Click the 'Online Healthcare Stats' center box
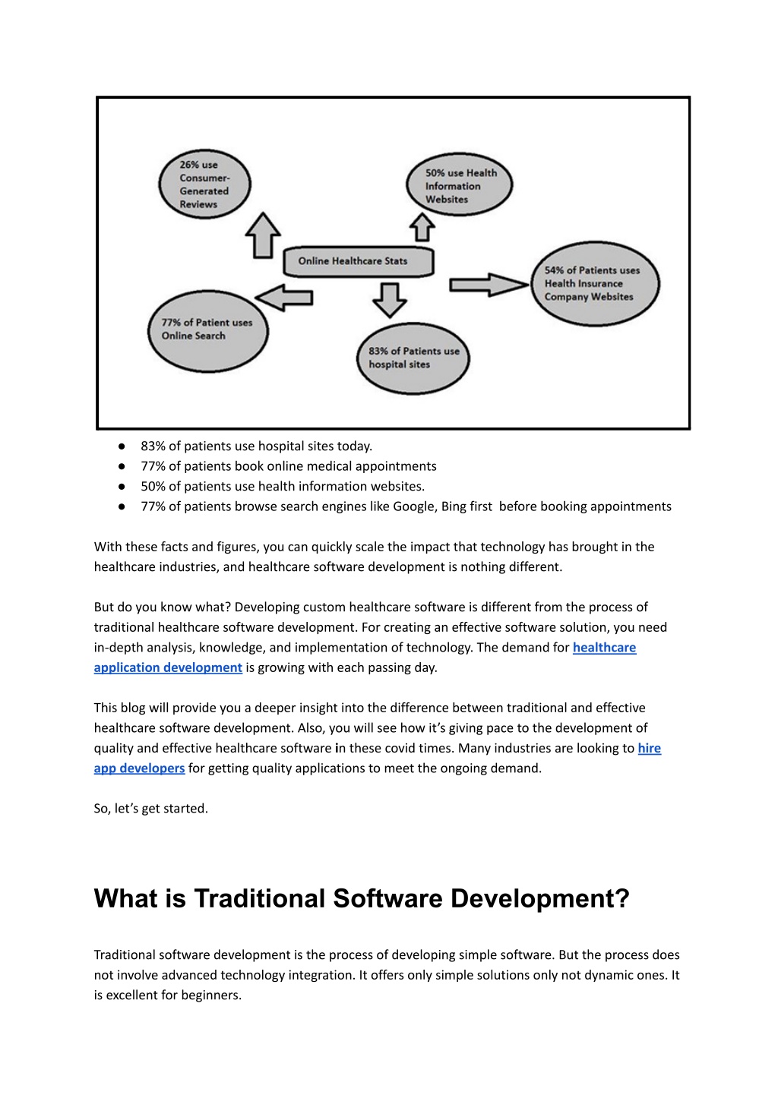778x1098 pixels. (x=359, y=261)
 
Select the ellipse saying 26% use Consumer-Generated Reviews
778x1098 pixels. (x=205, y=184)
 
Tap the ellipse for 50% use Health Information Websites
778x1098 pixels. (x=460, y=185)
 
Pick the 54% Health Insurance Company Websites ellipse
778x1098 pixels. (x=596, y=283)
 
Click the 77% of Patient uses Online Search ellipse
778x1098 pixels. (x=208, y=331)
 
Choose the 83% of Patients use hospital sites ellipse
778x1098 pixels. (x=413, y=358)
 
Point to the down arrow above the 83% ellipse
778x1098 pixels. (x=390, y=300)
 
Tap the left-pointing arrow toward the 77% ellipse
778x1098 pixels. (x=284, y=298)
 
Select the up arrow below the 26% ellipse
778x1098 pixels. (x=263, y=235)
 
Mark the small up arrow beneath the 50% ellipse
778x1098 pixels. (x=422, y=227)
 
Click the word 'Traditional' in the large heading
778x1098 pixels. (x=259, y=898)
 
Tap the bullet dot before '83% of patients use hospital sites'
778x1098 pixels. (x=122, y=446)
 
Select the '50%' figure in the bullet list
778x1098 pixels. (x=153, y=486)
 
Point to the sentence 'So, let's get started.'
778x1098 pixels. (x=151, y=808)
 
